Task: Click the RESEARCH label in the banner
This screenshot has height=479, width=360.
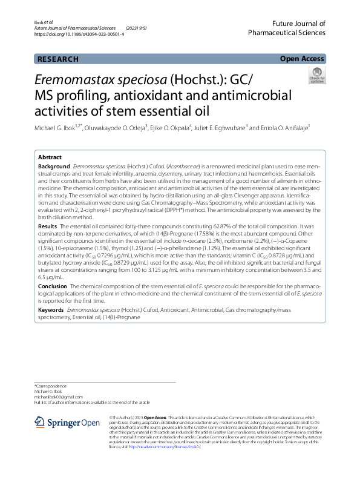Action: pyautogui.click(x=57, y=59)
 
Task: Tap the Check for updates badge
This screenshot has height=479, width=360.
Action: pyautogui.click(x=316, y=76)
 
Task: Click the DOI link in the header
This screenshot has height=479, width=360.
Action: pyautogui.click(x=79, y=35)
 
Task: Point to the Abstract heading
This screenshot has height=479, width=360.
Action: pyautogui.click(x=50, y=156)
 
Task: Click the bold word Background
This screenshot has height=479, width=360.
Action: pyautogui.click(x=54, y=166)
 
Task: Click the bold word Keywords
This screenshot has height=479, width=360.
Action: pyautogui.click(x=51, y=309)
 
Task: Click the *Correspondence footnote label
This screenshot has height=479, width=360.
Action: pyautogui.click(x=51, y=386)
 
